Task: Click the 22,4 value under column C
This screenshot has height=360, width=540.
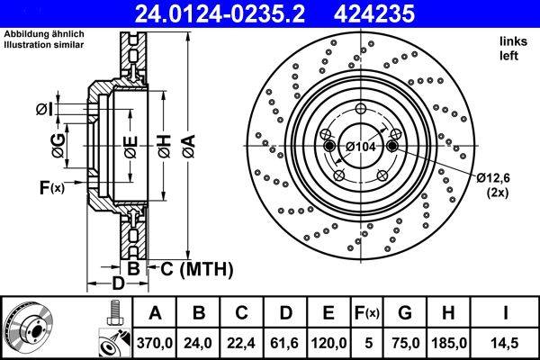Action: click(x=242, y=343)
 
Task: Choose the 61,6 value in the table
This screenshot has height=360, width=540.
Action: click(x=285, y=343)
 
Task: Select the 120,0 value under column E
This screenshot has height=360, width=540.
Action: click(x=328, y=343)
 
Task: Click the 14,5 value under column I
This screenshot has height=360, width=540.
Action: click(x=507, y=343)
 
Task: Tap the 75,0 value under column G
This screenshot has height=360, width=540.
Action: click(x=407, y=343)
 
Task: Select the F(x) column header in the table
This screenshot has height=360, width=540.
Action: click(x=368, y=313)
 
